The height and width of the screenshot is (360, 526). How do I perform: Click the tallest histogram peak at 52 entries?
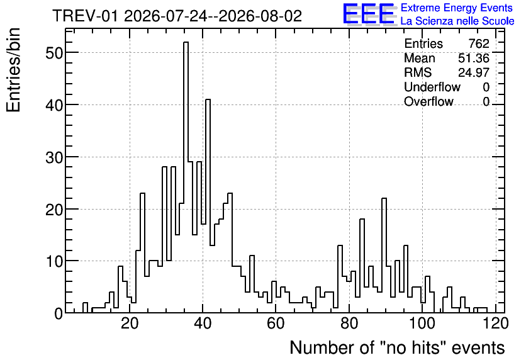[186, 42]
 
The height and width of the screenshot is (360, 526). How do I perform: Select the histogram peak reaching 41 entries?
[208, 99]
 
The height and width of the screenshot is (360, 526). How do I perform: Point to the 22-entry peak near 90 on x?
[384, 199]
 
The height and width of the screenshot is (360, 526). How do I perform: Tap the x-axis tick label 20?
[130, 323]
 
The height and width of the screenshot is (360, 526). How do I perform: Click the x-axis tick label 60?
[276, 323]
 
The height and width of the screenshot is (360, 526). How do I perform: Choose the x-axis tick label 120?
[495, 323]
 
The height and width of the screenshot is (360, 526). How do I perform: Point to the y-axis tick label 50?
[54, 53]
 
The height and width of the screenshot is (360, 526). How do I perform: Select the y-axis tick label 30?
[54, 157]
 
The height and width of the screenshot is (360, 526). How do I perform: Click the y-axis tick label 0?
[59, 313]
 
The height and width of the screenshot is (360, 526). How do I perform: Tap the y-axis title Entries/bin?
[14, 70]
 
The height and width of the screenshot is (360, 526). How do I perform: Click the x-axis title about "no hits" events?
[397, 347]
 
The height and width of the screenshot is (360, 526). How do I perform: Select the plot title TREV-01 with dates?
[177, 16]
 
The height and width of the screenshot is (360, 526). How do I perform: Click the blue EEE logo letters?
[369, 14]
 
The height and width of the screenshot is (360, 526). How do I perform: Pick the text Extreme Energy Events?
[457, 8]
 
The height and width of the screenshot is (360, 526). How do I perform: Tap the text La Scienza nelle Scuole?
[457, 21]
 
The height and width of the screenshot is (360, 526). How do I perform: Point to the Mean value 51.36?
[474, 58]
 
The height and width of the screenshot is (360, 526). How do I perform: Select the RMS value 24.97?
[474, 72]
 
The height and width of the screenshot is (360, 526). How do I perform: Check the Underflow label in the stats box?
[432, 87]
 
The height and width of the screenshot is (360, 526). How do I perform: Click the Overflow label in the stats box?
[428, 101]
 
